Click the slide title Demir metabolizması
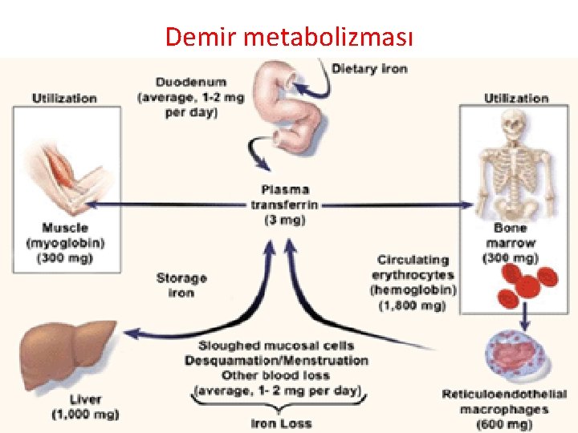click(288, 36)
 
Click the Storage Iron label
click(181, 285)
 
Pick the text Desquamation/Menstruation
click(276, 360)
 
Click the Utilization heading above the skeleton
click(516, 98)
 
